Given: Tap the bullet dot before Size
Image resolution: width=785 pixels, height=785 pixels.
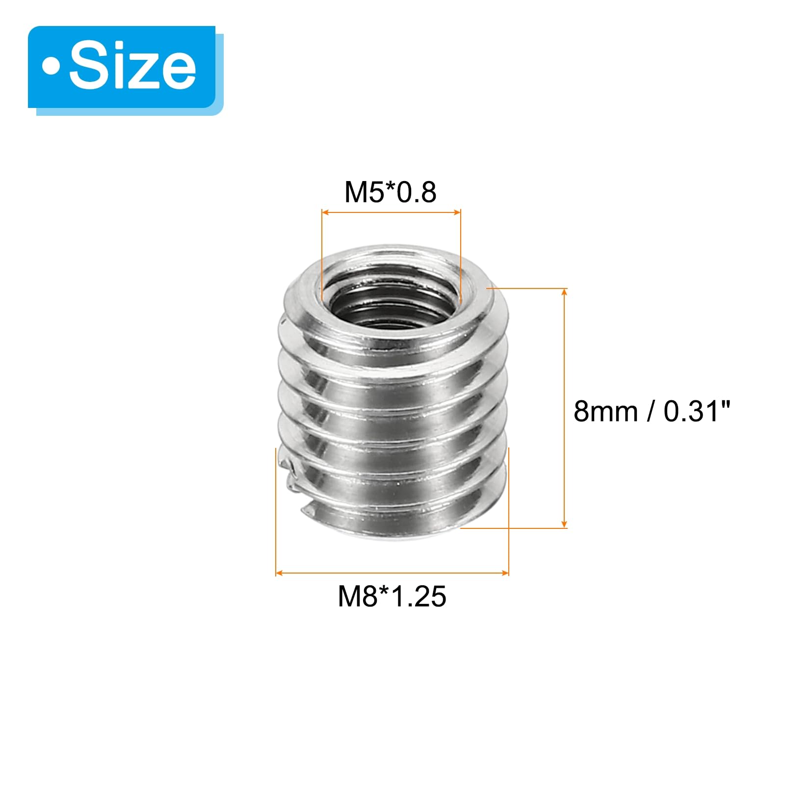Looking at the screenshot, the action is coord(51,68).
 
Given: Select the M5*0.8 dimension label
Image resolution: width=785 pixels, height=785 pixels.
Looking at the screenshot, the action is coord(391,192).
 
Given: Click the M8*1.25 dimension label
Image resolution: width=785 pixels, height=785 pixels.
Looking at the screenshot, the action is coord(392,597).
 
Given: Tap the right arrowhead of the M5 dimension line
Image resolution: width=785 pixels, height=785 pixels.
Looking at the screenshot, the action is coord(457,212).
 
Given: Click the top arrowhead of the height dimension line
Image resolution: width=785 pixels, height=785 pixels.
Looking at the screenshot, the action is coord(564,293).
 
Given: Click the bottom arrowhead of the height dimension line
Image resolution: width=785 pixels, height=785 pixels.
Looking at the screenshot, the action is coord(564,523).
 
